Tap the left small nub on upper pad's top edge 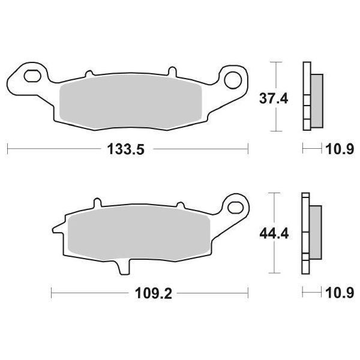click(x=89, y=74)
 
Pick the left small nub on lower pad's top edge click(x=94, y=203)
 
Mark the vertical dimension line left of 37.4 click(x=275, y=96)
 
